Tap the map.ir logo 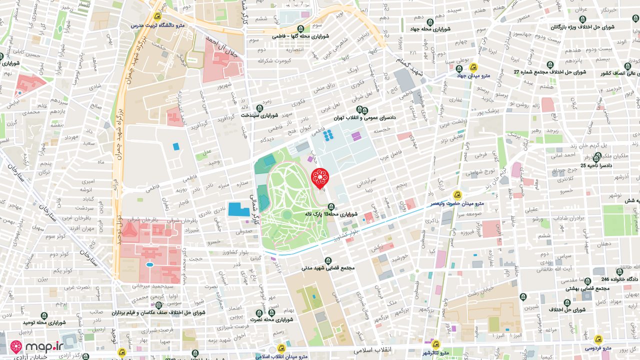37,346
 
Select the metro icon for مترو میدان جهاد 473,67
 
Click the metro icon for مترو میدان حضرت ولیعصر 456,194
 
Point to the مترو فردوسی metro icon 598,339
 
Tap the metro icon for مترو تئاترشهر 435,344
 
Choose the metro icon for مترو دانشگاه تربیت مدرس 157,16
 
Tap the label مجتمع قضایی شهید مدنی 328,267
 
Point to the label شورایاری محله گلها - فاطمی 300,36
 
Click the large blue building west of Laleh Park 239,209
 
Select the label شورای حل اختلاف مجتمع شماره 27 550,72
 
